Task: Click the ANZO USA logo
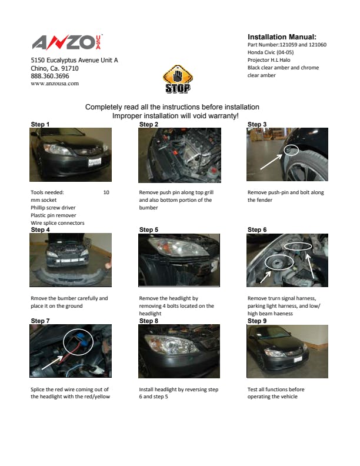point(67,42)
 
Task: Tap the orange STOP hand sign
point(178,79)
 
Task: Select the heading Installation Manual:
point(282,37)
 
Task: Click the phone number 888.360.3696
point(50,76)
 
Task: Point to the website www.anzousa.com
point(55,84)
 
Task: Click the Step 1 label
point(40,124)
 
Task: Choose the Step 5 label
point(149,229)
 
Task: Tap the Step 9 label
point(257,321)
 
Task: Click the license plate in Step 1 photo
point(95,162)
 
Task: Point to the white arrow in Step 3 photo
point(271,162)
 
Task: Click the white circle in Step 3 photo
point(291,150)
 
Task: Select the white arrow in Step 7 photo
point(52,362)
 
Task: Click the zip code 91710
point(70,68)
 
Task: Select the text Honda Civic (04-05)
point(271,52)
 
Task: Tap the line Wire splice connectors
point(57,223)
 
